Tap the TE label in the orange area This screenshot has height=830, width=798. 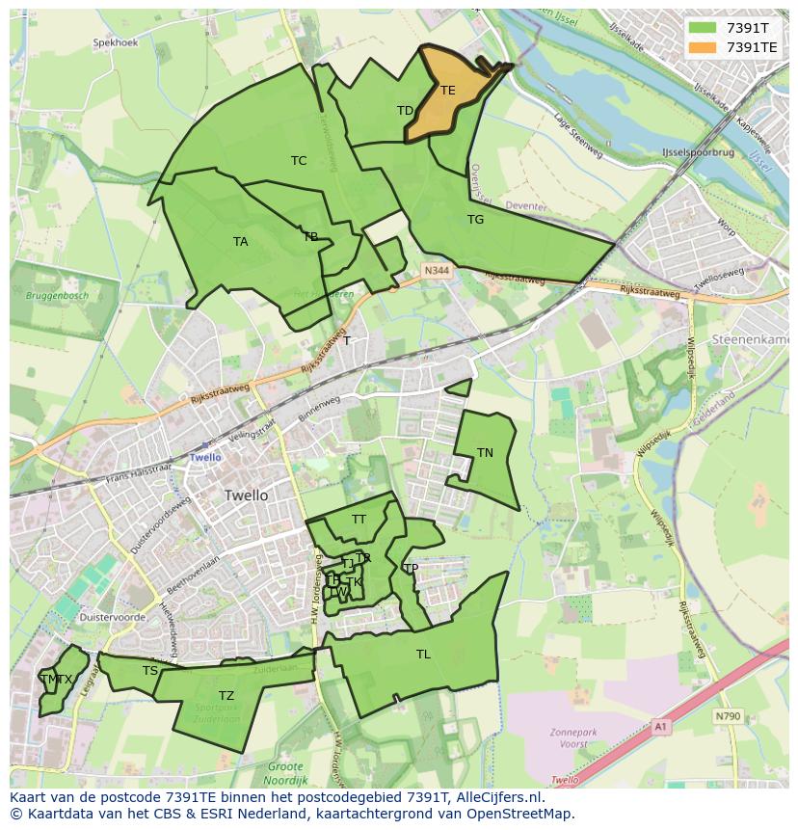pos(447,91)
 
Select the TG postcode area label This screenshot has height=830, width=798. pos(475,220)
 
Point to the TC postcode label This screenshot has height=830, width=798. pos(299,161)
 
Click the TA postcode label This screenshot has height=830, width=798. pos(240,242)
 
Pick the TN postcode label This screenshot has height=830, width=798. pos(485,453)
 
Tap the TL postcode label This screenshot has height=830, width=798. pos(423,655)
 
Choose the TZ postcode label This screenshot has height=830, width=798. pos(226,696)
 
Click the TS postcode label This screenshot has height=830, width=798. pos(149,671)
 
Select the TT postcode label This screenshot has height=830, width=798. pos(359,520)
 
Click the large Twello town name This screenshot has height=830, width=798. pos(246,495)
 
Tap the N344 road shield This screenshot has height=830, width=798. pos(437,273)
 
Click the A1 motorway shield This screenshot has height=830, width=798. pos(659,727)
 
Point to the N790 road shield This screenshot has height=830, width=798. pos(728,716)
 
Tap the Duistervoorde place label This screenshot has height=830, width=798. pos(113,616)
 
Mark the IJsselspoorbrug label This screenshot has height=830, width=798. pos(698,153)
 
